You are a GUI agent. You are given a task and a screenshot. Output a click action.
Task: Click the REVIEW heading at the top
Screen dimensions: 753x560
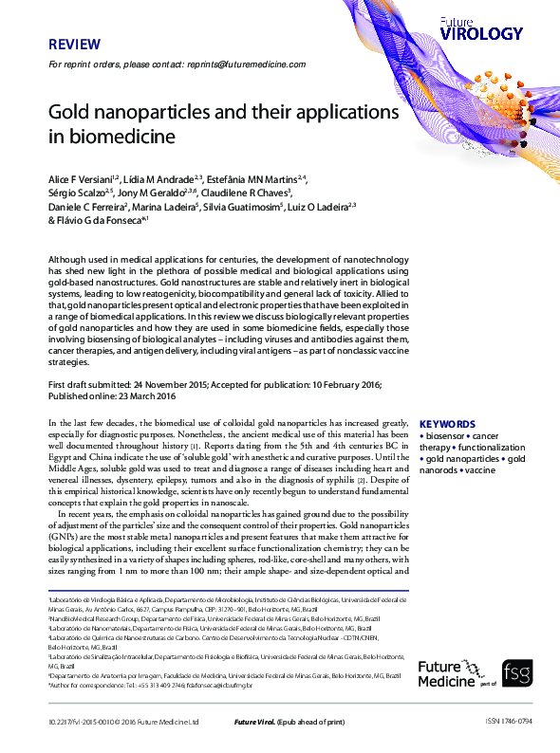pyautogui.click(x=70, y=44)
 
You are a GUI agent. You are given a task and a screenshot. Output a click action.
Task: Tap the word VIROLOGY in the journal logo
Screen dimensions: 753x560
pyautogui.click(x=482, y=34)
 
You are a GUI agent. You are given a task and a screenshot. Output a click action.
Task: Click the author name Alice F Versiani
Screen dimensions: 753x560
pyautogui.click(x=81, y=177)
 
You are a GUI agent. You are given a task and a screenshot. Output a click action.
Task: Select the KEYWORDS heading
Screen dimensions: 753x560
pyautogui.click(x=446, y=424)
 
